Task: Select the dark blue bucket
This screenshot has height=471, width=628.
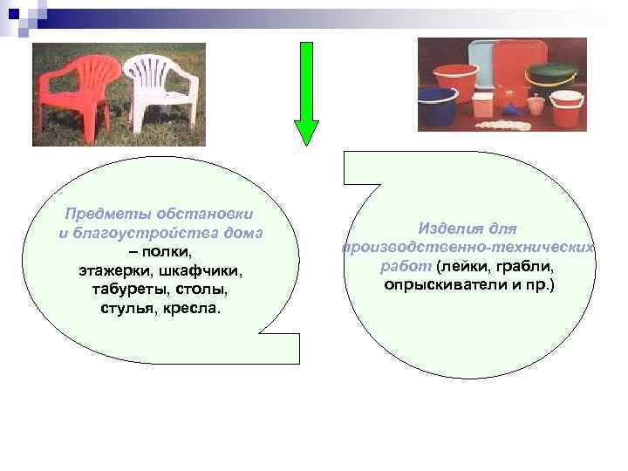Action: click(437, 108)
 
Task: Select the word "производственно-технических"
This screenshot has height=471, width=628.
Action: click(468, 248)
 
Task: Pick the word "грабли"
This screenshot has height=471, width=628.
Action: click(526, 266)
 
